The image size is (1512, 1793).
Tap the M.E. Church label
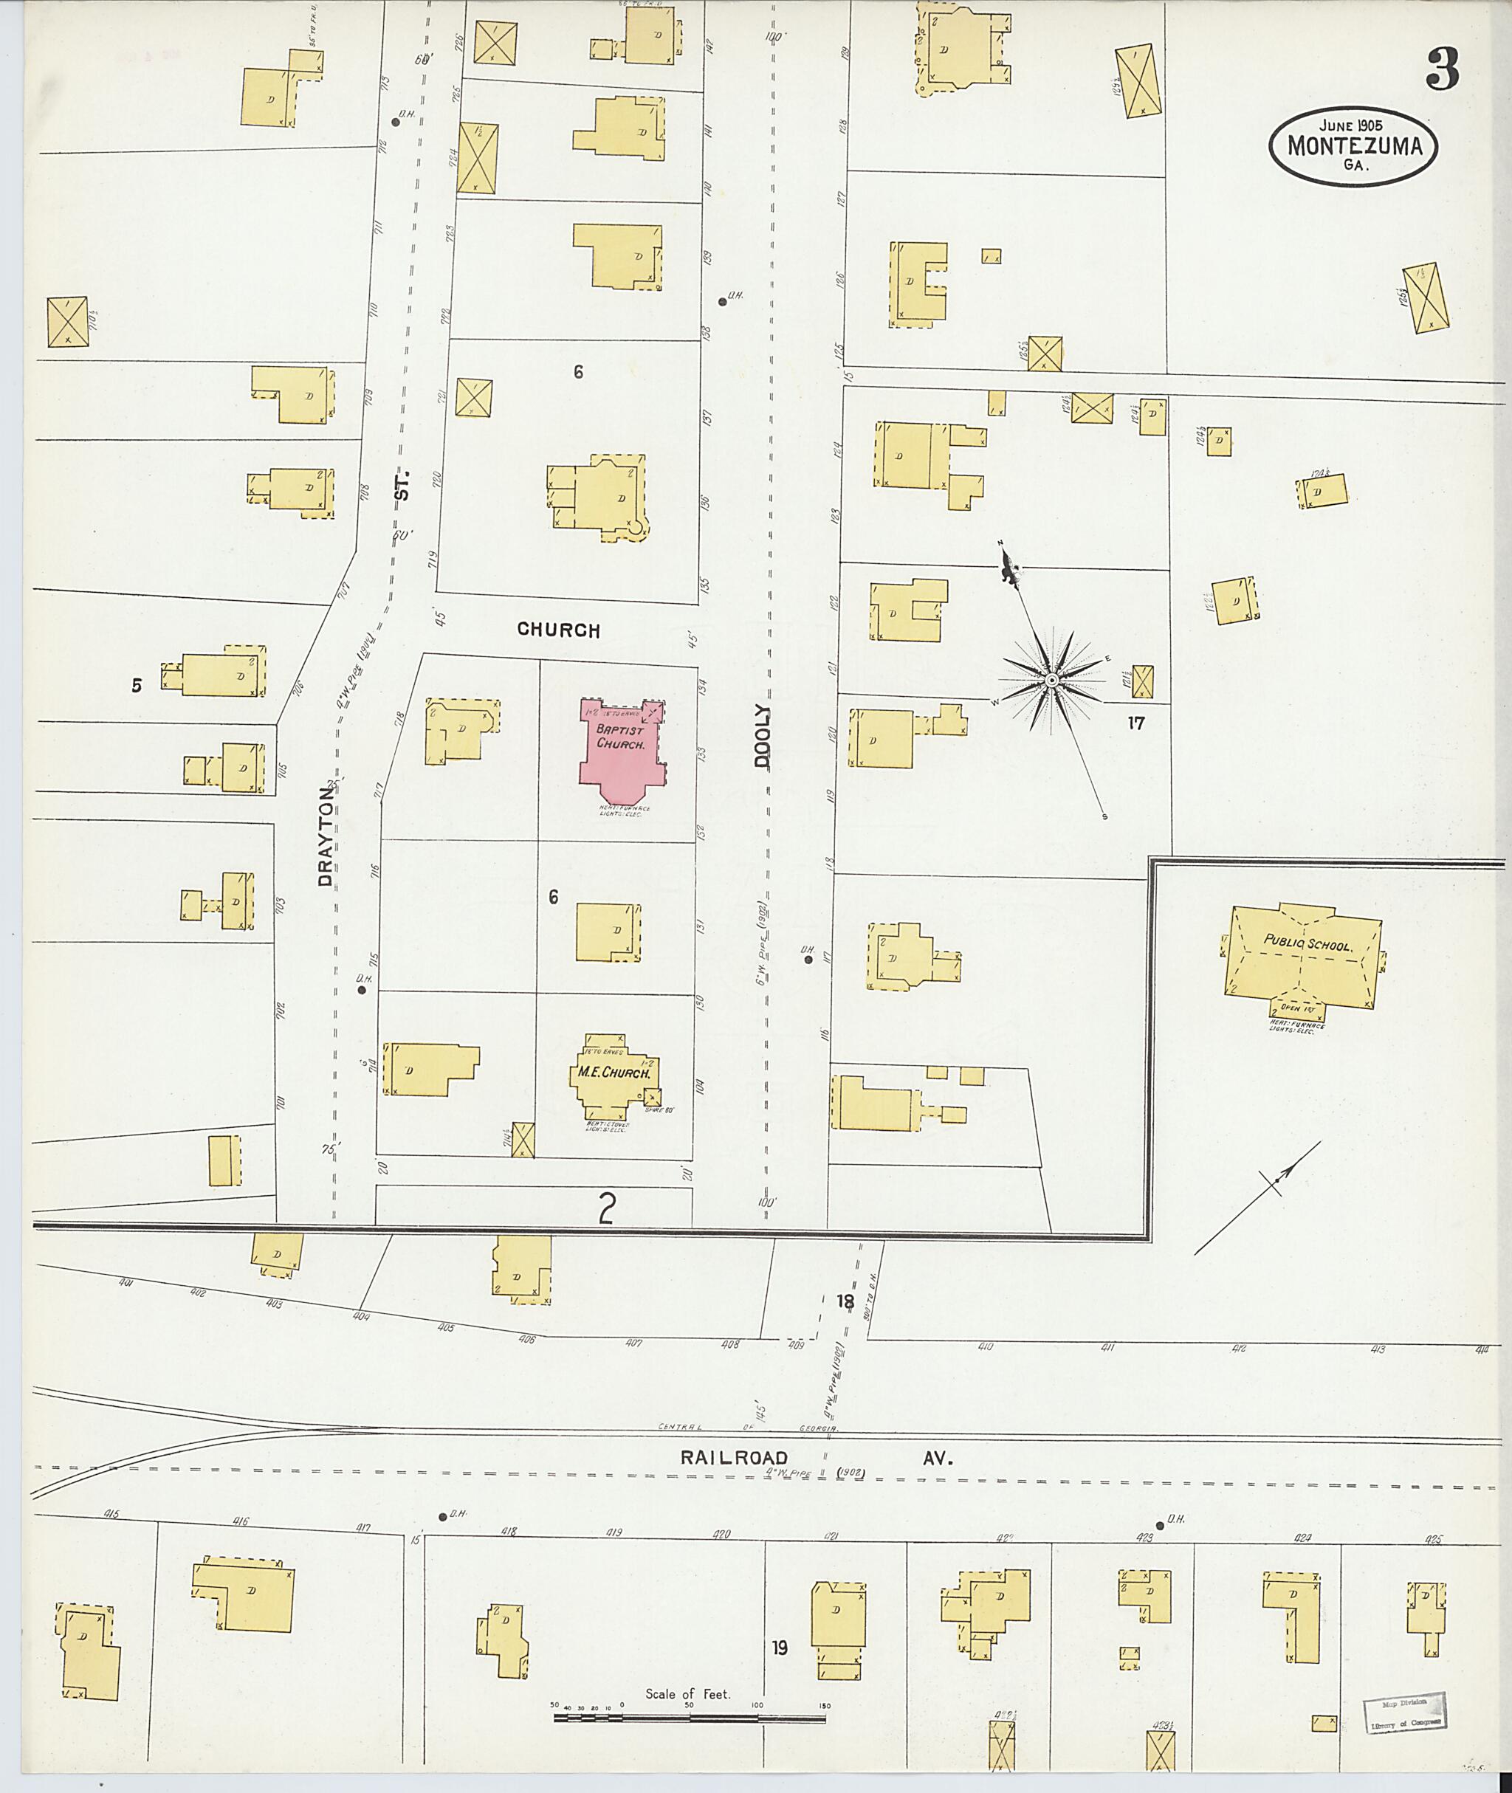(x=614, y=1073)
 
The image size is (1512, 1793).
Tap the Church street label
(x=558, y=630)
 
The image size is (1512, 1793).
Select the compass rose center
(x=1051, y=681)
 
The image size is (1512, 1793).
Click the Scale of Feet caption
(x=687, y=1693)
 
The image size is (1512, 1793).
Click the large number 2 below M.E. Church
(x=607, y=1209)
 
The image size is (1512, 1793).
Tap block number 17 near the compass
(x=1135, y=723)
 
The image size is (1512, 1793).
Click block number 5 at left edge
(x=137, y=686)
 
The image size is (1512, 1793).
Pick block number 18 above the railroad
(x=845, y=1302)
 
